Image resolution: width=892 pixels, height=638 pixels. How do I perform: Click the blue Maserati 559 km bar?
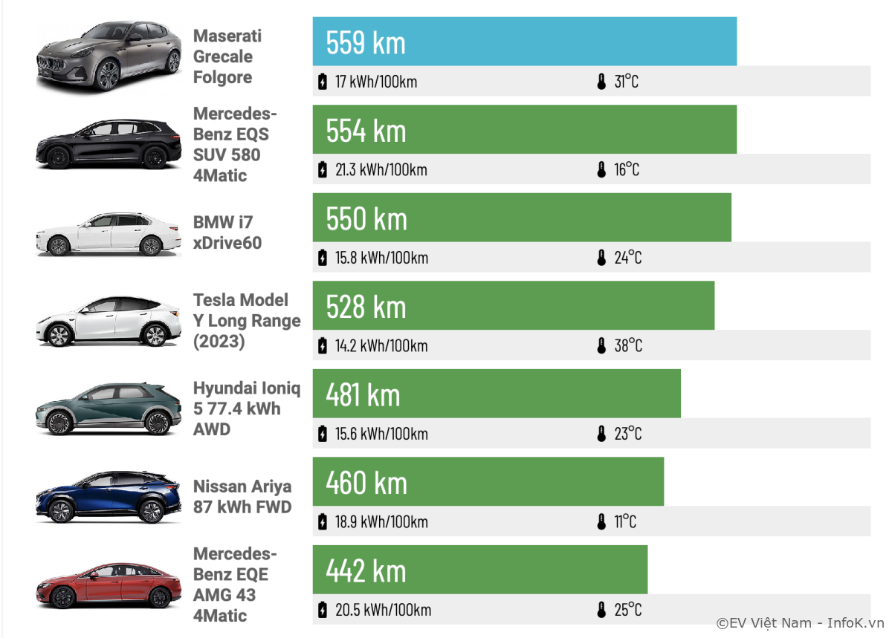(x=524, y=42)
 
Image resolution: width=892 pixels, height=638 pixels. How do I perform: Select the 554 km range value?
(x=366, y=131)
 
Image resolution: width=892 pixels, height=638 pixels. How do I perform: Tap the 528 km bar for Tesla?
(x=513, y=306)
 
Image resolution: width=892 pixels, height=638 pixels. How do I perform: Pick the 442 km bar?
(x=479, y=570)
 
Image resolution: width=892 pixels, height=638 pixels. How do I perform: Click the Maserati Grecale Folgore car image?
(x=109, y=57)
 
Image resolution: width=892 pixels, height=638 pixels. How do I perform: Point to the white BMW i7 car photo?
(x=109, y=235)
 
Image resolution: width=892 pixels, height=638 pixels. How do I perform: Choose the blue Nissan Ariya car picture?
(x=109, y=498)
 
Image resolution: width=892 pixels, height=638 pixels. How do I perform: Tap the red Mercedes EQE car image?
(x=109, y=585)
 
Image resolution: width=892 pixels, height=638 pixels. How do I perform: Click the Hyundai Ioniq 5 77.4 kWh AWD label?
(x=247, y=408)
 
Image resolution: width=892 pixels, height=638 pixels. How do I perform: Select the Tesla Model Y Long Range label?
(x=247, y=321)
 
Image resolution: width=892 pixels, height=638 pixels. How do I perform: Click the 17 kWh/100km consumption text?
(x=375, y=82)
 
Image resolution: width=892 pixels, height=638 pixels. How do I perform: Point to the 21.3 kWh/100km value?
(x=381, y=170)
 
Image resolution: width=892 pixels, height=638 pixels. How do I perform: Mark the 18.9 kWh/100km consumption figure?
(x=381, y=521)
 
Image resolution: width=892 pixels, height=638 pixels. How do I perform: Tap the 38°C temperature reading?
(x=628, y=345)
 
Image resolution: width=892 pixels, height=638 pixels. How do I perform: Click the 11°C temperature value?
(x=625, y=521)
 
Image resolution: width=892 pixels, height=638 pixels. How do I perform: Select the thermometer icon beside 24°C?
(x=602, y=258)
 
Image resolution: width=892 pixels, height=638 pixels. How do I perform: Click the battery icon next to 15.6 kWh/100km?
(x=322, y=434)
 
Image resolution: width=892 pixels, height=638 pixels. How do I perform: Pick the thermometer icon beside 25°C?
(x=602, y=610)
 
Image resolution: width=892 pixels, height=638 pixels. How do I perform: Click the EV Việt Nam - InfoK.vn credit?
(x=800, y=623)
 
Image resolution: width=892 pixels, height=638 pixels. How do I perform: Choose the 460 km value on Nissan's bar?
(x=366, y=483)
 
